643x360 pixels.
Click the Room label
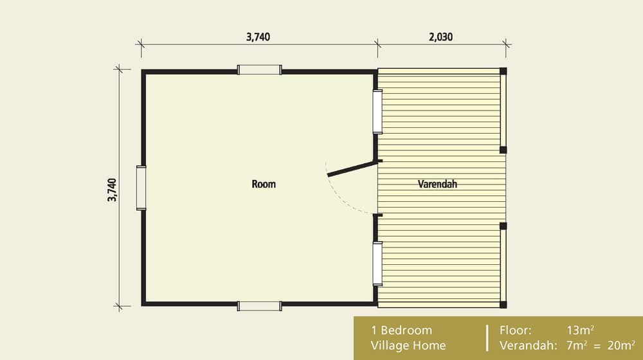264,184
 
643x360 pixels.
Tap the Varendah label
437,184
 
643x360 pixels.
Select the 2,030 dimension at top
440,37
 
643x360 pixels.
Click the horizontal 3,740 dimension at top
258,37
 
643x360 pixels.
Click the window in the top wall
259,70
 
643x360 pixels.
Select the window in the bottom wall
259,306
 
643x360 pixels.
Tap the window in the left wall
141,188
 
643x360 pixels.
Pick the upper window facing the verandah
377,112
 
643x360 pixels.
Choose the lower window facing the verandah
377,263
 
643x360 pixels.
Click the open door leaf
351,167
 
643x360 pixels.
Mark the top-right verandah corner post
503,71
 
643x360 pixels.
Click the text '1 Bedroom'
401,330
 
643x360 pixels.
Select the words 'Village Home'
408,345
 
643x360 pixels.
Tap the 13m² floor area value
580,330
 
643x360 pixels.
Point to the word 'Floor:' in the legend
516,330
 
